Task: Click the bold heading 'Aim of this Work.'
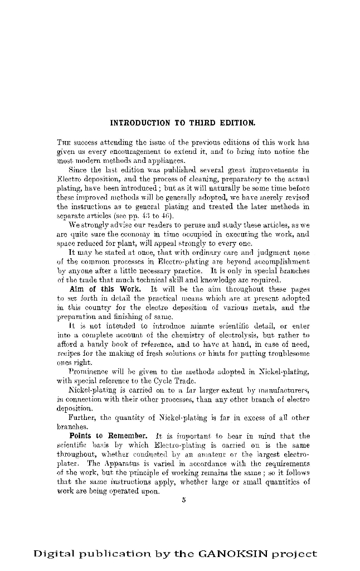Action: [105, 290]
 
